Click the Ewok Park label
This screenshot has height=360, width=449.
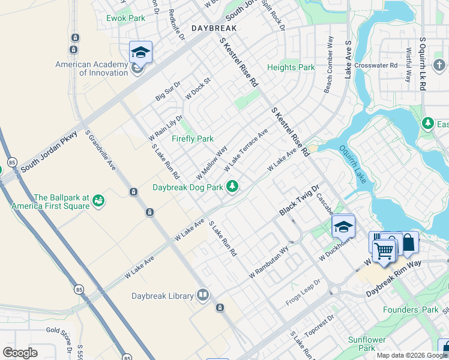click(x=125, y=18)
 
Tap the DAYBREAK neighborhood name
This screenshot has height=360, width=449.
click(x=214, y=28)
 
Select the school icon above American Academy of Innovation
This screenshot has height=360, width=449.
click(x=140, y=52)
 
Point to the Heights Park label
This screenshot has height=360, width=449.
click(x=291, y=68)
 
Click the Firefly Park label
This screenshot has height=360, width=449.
click(x=192, y=139)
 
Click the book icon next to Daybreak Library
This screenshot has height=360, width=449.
click(x=203, y=295)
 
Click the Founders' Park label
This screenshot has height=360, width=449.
click(x=412, y=310)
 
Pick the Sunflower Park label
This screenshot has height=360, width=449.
click(x=367, y=343)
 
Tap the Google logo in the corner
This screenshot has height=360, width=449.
click(x=20, y=353)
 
